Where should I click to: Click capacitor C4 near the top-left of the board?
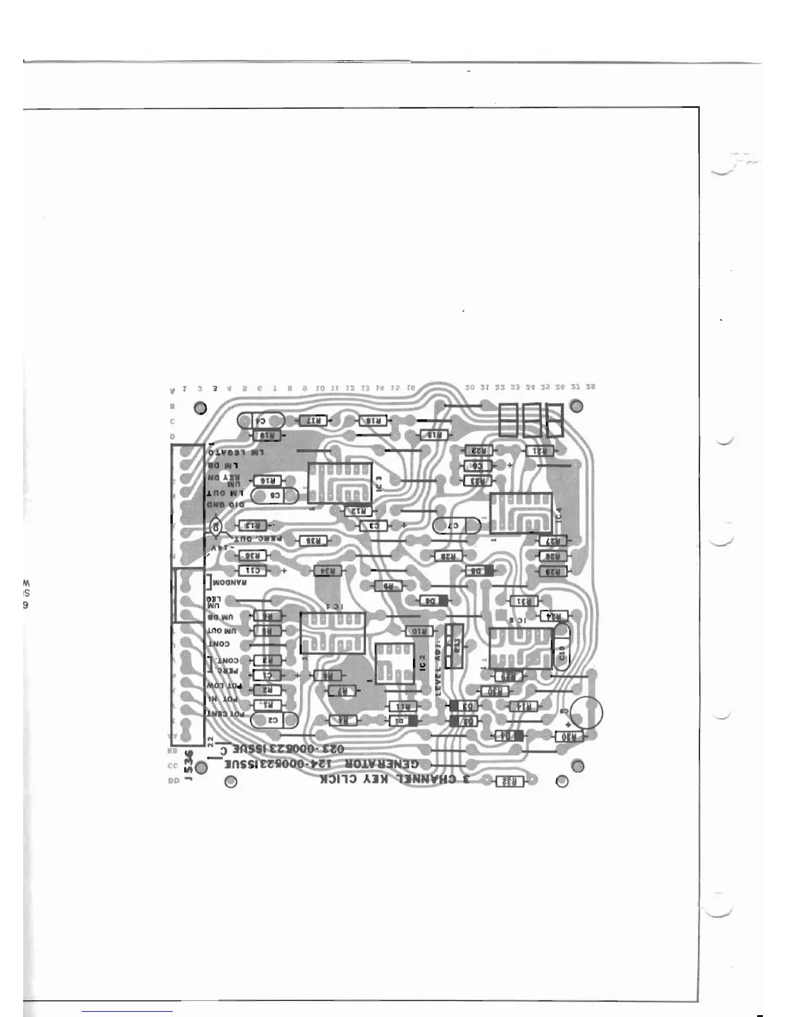click(260, 421)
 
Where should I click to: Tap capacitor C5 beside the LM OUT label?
click(274, 496)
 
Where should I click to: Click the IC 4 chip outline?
click(521, 513)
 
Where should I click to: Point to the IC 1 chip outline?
click(333, 632)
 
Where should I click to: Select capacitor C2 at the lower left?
click(273, 720)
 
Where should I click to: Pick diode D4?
click(507, 736)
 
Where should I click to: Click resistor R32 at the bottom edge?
click(509, 781)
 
